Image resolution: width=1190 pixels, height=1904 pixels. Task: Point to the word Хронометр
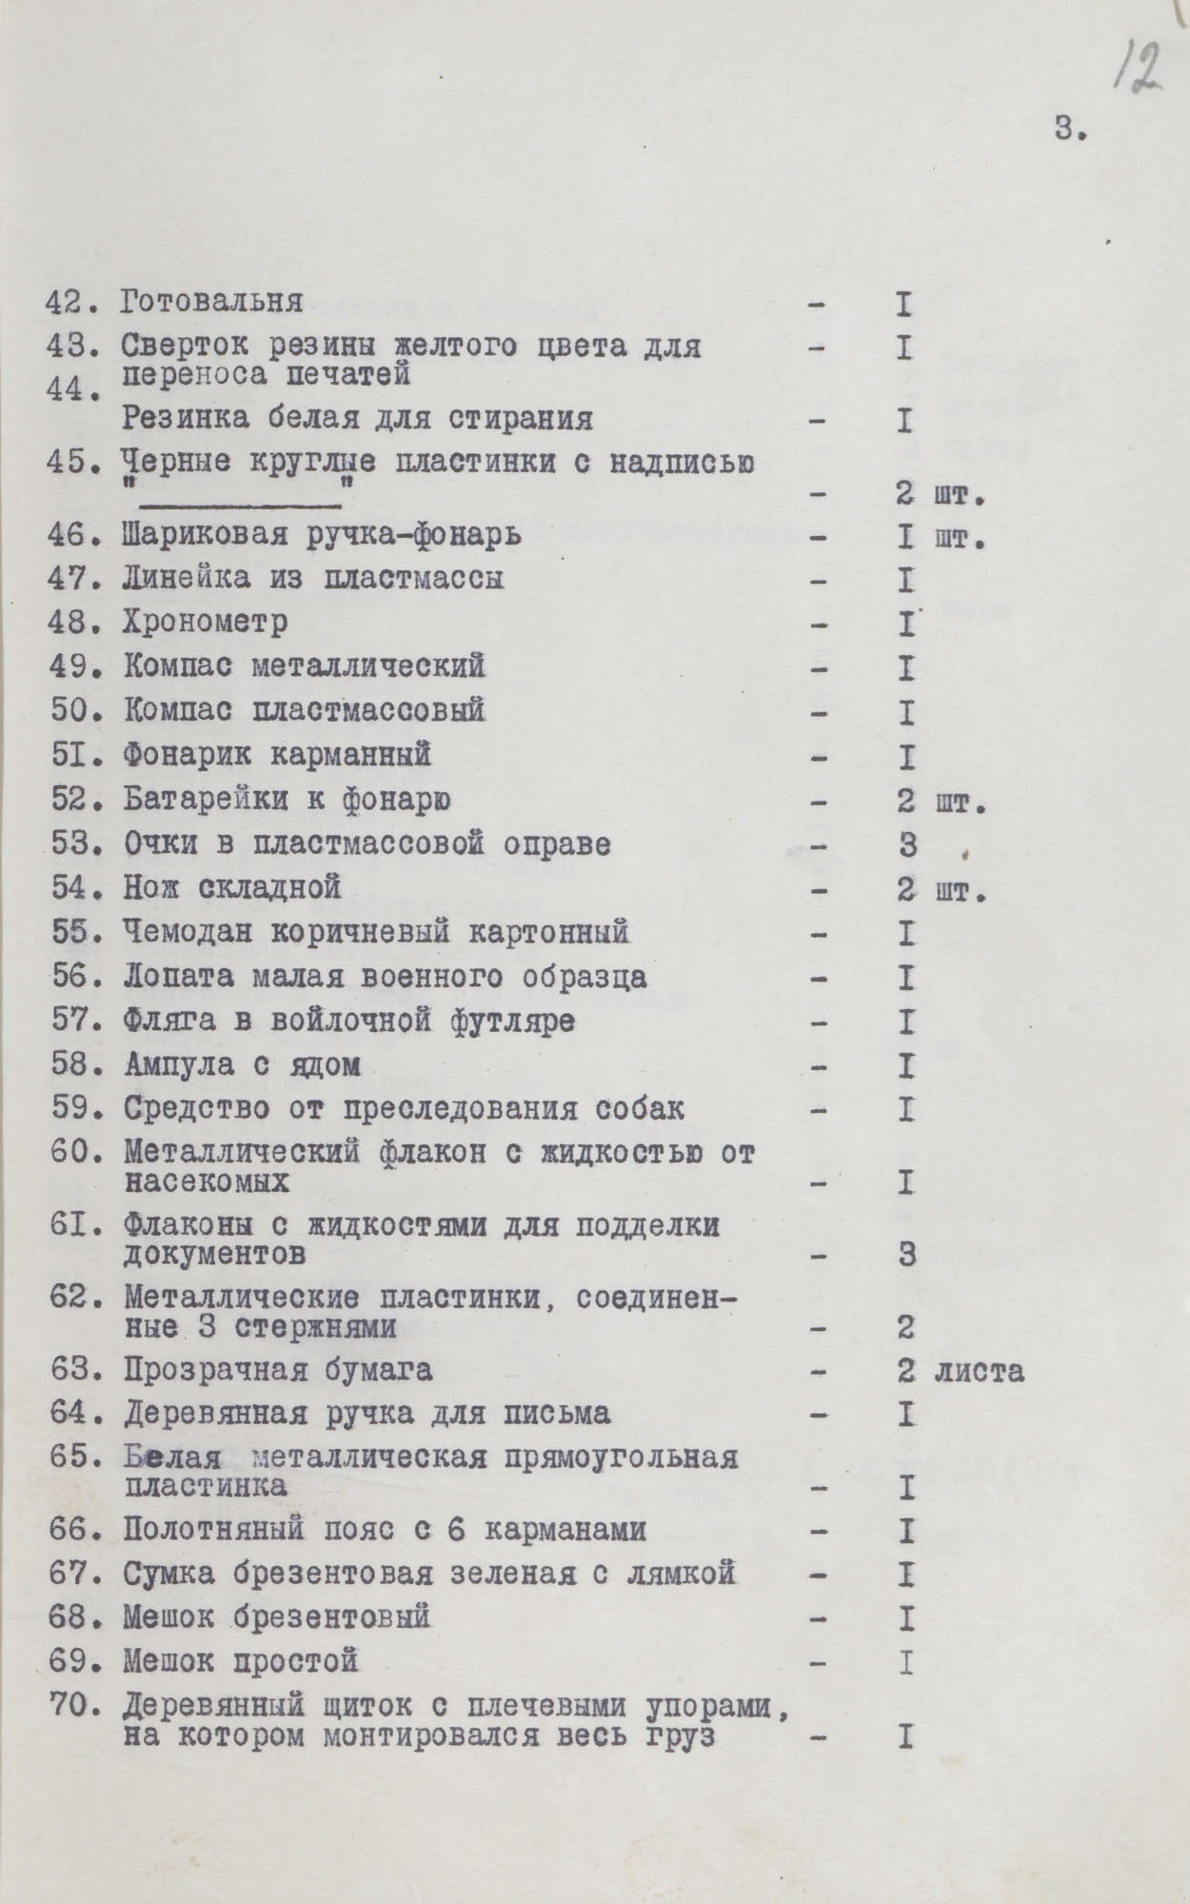point(205,623)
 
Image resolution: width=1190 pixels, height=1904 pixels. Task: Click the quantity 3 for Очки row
point(905,844)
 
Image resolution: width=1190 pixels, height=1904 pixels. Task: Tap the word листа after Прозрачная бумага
point(979,1371)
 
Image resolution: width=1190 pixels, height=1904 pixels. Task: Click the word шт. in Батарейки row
point(960,801)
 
